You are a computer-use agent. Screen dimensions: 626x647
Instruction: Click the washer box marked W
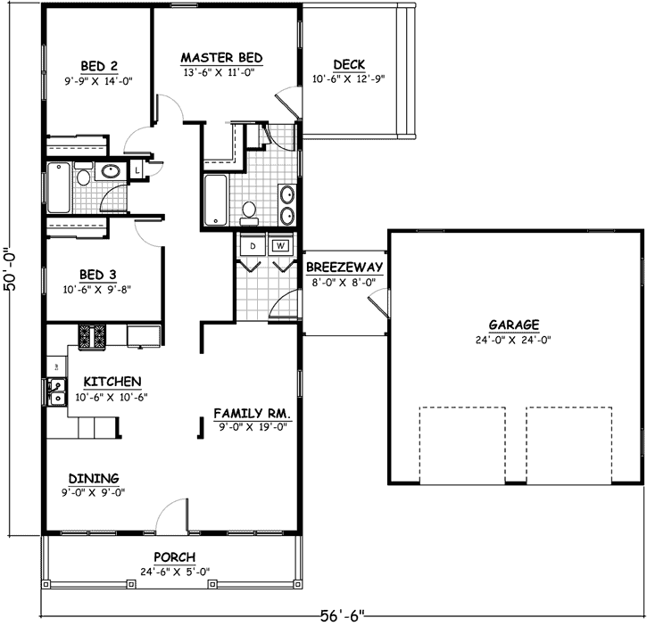(280, 245)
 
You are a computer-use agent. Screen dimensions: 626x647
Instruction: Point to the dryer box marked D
(253, 245)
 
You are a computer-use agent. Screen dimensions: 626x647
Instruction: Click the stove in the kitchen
(93, 336)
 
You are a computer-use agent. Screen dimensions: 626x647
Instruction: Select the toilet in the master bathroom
(250, 210)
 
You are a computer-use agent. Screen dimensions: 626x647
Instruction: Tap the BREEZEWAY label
(344, 268)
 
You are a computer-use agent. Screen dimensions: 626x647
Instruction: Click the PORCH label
(174, 557)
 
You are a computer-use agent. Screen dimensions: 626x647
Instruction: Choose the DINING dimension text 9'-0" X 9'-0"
(93, 491)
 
